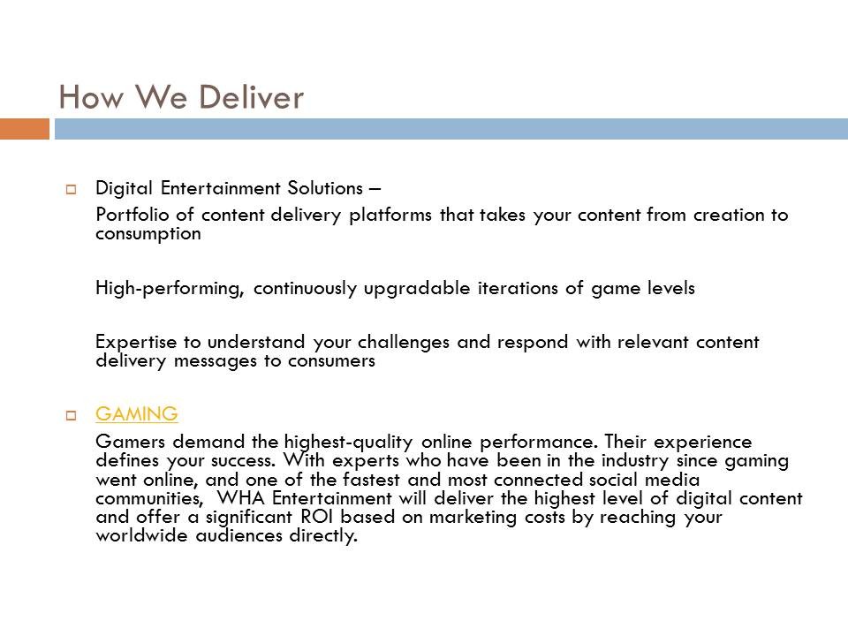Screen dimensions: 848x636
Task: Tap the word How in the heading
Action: (91, 97)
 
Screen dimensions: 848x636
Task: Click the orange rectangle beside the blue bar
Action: (25, 129)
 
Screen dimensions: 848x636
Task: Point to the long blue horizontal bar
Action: (451, 129)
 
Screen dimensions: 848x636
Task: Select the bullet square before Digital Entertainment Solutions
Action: (71, 189)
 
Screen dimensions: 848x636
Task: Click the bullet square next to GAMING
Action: (71, 415)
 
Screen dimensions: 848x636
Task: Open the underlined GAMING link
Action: (137, 414)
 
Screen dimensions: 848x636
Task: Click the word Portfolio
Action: (132, 215)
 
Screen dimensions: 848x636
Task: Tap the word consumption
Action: (148, 234)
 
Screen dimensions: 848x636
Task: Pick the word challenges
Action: (404, 343)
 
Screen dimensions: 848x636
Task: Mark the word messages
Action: (216, 360)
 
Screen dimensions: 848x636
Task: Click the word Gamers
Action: (131, 442)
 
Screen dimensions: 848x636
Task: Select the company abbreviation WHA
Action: (240, 497)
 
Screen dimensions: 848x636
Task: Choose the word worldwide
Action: (141, 535)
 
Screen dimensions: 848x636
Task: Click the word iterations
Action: (518, 288)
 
